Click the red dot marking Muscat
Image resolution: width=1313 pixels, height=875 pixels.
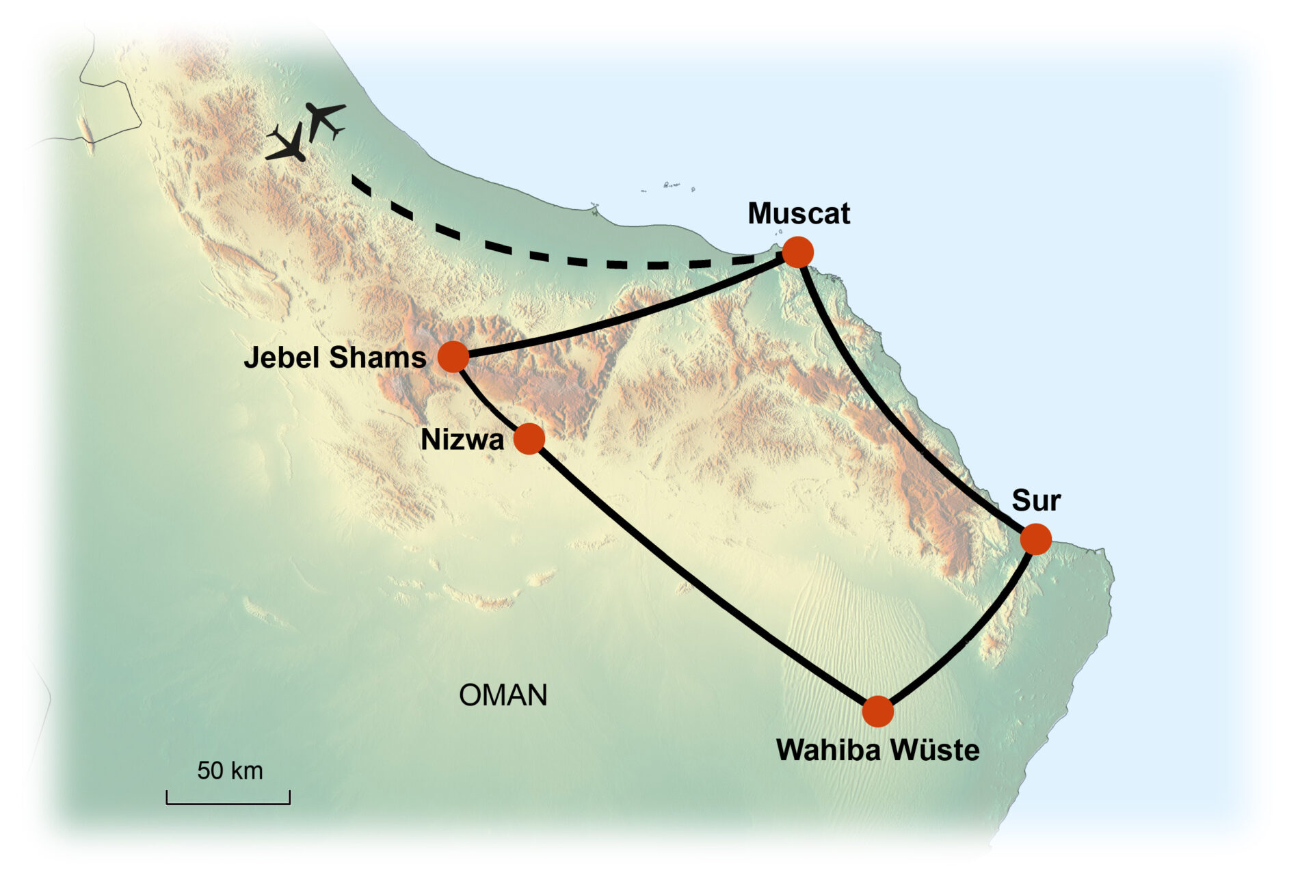pos(797,252)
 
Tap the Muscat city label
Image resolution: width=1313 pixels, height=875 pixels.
pos(798,213)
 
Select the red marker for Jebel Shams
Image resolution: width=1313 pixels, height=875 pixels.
pos(453,356)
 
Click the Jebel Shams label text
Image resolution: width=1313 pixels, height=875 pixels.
pos(334,358)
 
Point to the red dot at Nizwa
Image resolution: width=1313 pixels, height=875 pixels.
pos(529,438)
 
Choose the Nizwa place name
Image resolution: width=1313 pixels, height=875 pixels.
pos(462,440)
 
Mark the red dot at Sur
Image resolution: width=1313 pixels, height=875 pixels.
pos(1035,539)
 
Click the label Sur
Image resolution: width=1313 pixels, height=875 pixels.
pos(1035,500)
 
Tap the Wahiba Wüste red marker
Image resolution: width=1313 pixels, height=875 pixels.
pos(877,712)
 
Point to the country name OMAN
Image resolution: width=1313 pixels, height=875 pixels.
pos(503,695)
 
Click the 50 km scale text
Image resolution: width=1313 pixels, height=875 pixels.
pos(230,770)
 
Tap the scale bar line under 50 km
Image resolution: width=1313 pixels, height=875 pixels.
pos(228,803)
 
